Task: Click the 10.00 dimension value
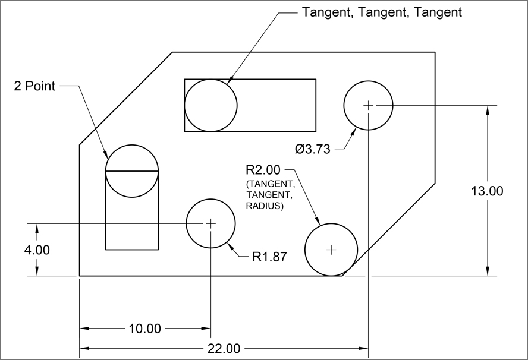coord(145,329)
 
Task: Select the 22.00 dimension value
coord(224,349)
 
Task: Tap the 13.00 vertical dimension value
coord(487,191)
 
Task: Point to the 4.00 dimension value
coord(37,250)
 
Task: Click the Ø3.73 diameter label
coord(313,149)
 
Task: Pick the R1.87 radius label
coord(270,257)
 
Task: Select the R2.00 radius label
coord(263,170)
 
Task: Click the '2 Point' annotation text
coord(34,86)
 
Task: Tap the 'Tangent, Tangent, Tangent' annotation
coord(382,12)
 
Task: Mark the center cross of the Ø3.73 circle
coord(369,105)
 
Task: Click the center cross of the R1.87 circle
coord(211,223)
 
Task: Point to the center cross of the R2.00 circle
coord(331,250)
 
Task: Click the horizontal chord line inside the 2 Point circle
coord(132,171)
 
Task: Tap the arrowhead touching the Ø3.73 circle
coord(353,132)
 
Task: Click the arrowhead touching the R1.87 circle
coord(231,247)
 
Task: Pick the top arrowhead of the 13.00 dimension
coord(487,110)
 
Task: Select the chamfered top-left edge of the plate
coord(126,99)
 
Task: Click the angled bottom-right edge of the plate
coord(389,229)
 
